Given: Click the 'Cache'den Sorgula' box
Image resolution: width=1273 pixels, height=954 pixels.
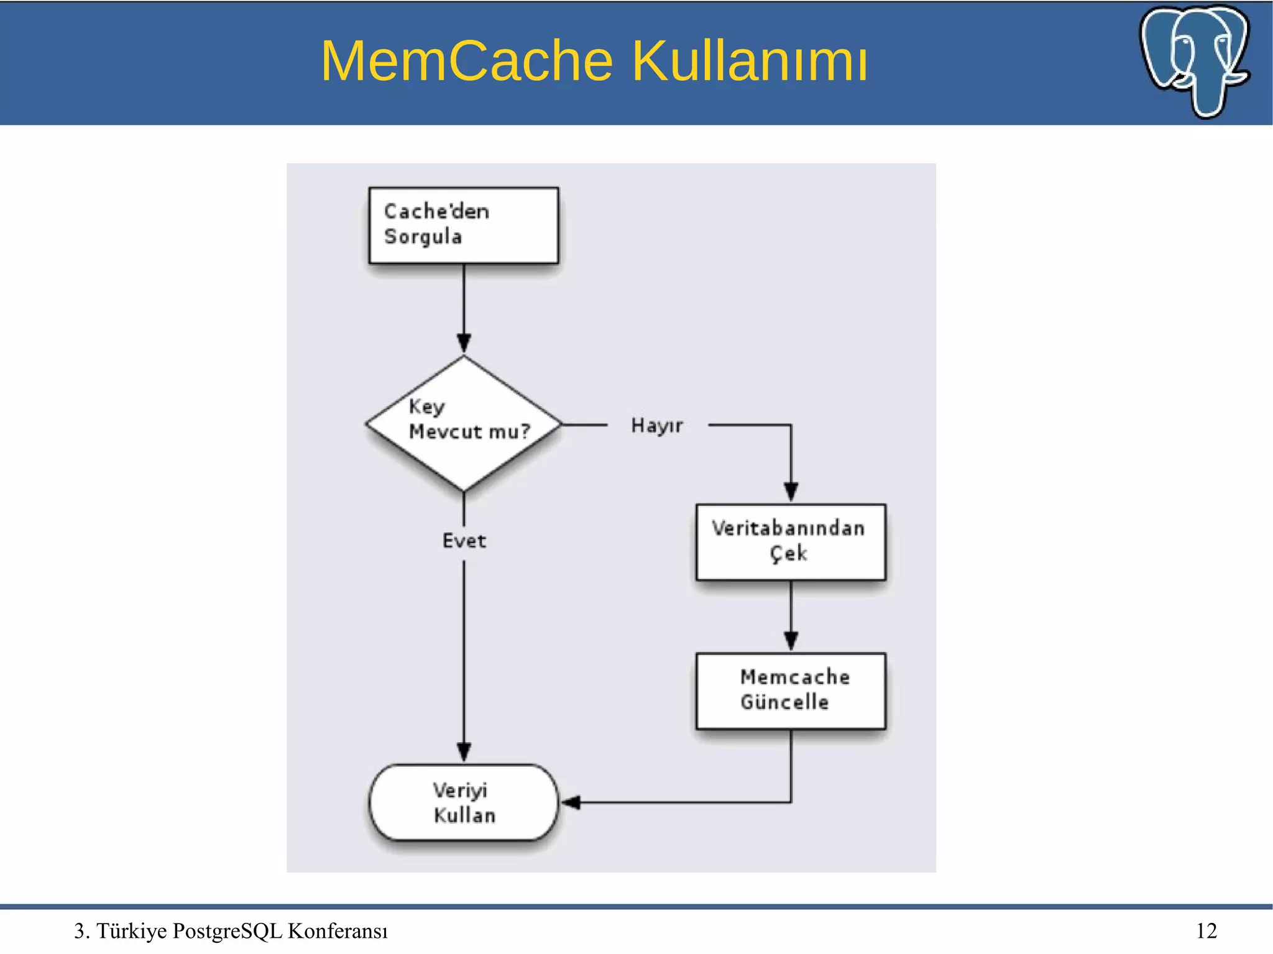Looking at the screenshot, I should (463, 225).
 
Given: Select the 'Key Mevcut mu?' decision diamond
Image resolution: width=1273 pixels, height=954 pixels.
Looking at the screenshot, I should (464, 424).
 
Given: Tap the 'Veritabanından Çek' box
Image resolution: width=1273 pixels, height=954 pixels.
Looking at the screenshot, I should (790, 541).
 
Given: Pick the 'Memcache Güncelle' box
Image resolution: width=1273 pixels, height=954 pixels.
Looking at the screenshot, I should (790, 690).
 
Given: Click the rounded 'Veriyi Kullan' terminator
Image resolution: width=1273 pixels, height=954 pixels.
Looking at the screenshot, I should (464, 802).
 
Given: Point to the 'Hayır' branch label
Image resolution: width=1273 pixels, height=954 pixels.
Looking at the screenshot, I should (656, 426).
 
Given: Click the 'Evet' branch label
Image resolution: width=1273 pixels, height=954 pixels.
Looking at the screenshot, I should (464, 541).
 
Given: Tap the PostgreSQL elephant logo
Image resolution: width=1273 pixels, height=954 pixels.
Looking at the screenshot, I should (1194, 60).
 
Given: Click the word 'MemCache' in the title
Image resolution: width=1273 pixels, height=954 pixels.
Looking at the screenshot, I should (467, 61).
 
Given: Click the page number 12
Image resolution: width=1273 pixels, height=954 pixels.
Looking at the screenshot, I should (1206, 930).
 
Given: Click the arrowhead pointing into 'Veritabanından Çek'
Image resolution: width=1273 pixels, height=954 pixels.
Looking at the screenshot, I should (791, 492).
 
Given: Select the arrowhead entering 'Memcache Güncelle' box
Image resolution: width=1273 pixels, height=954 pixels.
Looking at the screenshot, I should (791, 641).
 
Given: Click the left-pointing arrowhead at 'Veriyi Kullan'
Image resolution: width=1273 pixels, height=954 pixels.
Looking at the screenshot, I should (571, 802).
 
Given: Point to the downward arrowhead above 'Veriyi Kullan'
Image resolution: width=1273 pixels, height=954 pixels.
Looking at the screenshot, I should (464, 751).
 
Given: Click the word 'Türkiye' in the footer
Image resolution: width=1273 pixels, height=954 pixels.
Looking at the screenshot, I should (131, 930).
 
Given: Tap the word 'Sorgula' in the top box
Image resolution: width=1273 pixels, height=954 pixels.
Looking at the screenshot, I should (423, 237).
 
